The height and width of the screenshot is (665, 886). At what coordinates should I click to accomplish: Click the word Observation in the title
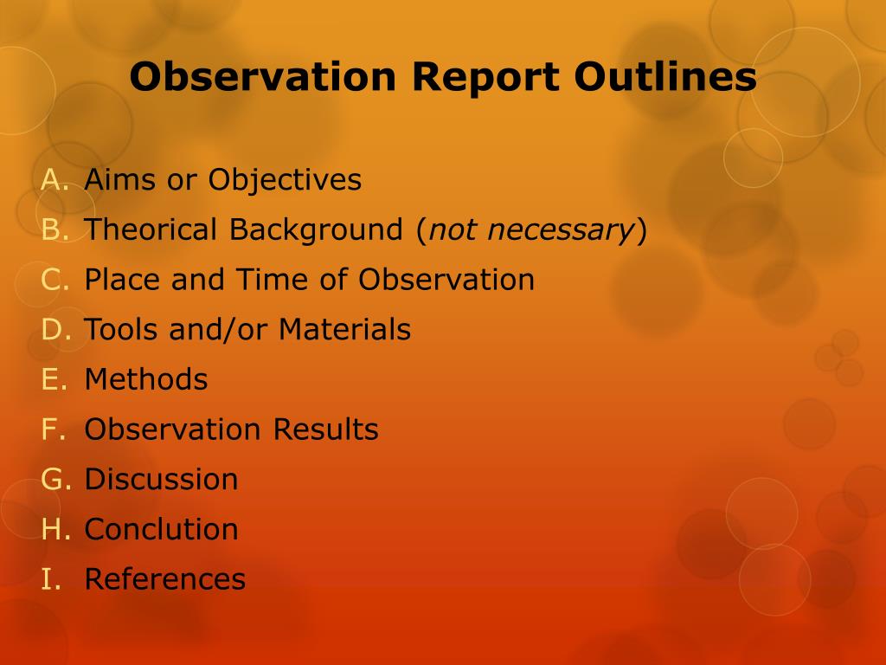tap(263, 76)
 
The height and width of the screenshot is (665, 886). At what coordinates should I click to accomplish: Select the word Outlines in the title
tap(665, 76)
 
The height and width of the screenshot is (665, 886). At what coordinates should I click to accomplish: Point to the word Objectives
tap(285, 181)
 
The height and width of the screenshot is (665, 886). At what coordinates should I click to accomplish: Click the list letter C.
tap(55, 280)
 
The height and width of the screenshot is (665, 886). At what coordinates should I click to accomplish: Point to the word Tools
tap(121, 329)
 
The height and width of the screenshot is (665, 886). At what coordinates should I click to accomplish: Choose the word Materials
tap(344, 329)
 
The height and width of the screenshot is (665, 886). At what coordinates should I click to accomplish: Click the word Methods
tap(145, 379)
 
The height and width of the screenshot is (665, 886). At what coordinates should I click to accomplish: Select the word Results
tap(325, 429)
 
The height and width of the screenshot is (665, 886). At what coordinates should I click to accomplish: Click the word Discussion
tap(161, 479)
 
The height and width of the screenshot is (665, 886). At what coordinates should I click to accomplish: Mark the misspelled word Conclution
tap(161, 529)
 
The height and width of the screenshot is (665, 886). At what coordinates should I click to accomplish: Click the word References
tap(165, 579)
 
